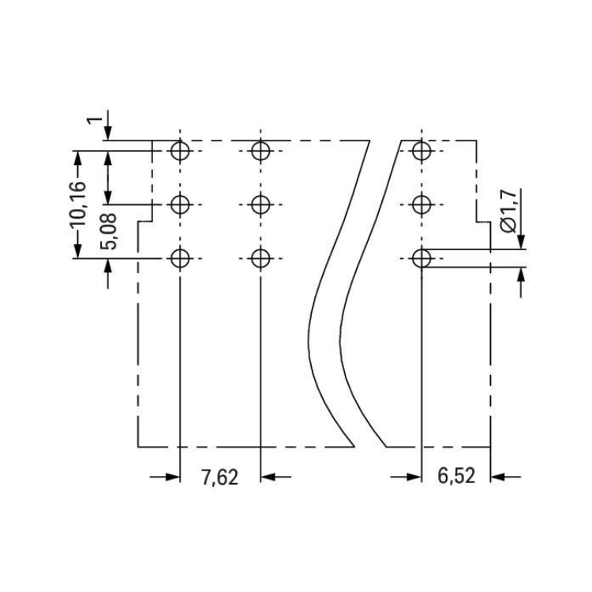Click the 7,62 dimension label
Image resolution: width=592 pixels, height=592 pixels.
pyautogui.click(x=219, y=478)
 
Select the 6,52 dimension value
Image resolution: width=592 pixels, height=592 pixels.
pyautogui.click(x=456, y=476)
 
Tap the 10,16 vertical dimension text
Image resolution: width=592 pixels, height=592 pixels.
pyautogui.click(x=78, y=204)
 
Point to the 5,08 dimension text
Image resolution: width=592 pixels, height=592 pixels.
pyautogui.click(x=108, y=231)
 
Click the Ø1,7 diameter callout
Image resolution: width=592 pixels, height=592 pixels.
pyautogui.click(x=509, y=212)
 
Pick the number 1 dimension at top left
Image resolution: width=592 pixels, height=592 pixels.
pyautogui.click(x=95, y=121)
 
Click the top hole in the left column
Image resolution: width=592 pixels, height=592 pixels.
pyautogui.click(x=180, y=151)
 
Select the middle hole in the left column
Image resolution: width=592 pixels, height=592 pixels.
pyautogui.click(x=180, y=204)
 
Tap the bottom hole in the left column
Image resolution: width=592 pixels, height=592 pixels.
pyautogui.click(x=180, y=259)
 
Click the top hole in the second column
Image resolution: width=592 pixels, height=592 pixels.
pyautogui.click(x=260, y=151)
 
